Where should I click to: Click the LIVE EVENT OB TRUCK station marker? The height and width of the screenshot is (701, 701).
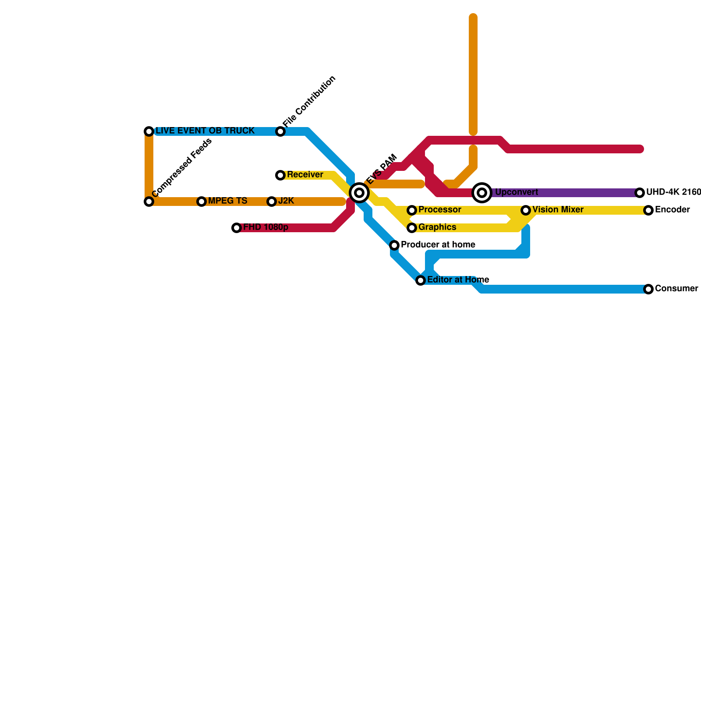click(149, 131)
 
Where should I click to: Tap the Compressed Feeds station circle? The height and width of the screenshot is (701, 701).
click(149, 202)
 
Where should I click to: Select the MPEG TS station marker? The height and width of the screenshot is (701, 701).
click(202, 202)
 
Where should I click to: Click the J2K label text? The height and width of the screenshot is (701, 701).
click(286, 201)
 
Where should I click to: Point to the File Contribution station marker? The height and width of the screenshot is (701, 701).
click(280, 131)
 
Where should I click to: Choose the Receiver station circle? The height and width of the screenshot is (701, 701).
click(280, 175)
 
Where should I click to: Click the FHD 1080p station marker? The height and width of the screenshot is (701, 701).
click(237, 228)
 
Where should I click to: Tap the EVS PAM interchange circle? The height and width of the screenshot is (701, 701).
click(359, 192)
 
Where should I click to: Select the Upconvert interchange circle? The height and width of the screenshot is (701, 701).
click(482, 192)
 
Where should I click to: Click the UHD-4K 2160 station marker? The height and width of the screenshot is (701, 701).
click(640, 193)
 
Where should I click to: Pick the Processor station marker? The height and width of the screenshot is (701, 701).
click(412, 210)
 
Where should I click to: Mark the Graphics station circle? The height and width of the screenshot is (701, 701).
click(412, 228)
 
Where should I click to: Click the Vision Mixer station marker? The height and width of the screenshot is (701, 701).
click(526, 210)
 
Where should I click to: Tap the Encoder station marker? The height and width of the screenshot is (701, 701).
click(648, 210)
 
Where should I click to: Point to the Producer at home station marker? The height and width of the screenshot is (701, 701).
click(394, 245)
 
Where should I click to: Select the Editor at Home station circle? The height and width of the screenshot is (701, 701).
click(421, 280)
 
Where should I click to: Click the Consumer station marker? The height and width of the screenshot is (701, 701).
click(648, 289)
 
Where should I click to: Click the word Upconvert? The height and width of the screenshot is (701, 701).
click(517, 192)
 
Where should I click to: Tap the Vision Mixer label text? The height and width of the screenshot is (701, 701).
click(558, 210)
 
